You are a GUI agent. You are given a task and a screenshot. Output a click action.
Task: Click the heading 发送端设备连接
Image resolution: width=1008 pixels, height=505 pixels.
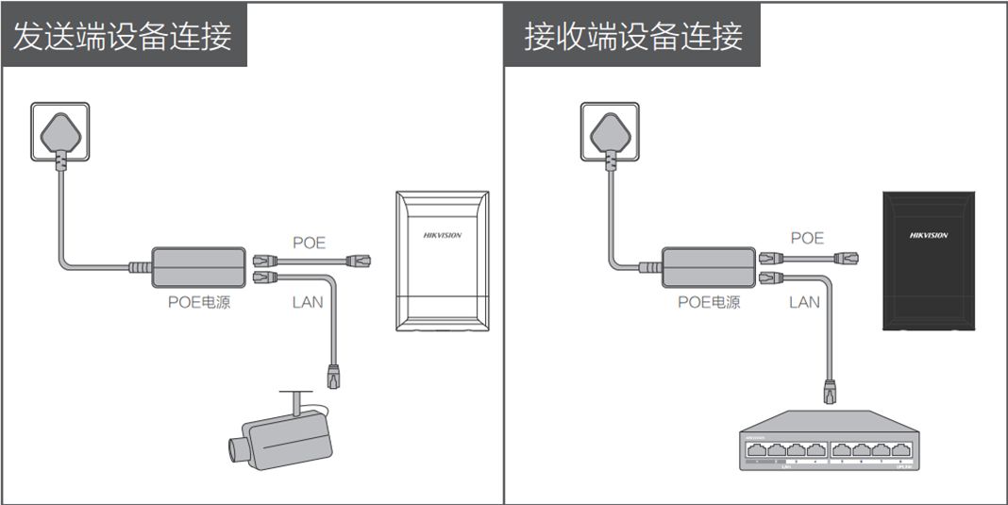pyautogui.click(x=123, y=36)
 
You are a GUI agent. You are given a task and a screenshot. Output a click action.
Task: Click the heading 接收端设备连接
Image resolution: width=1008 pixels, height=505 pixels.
pyautogui.click(x=633, y=36)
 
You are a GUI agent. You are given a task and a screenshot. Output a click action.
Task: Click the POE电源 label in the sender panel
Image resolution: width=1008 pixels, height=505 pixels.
pyautogui.click(x=199, y=303)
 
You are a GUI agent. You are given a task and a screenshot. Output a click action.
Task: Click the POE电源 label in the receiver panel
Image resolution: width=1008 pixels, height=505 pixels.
pyautogui.click(x=709, y=303)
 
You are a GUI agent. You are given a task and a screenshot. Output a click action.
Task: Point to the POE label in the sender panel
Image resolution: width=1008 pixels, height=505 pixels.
pyautogui.click(x=309, y=243)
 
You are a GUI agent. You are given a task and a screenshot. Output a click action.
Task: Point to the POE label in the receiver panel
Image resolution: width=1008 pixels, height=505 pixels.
pyautogui.click(x=807, y=238)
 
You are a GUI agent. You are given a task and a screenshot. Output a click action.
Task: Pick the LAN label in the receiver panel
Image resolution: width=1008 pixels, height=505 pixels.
pyautogui.click(x=804, y=302)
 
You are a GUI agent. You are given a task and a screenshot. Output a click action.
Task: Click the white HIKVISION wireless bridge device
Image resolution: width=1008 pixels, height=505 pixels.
pyautogui.click(x=443, y=261)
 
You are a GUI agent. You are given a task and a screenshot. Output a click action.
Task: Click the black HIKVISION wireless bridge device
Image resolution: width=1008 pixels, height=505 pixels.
pyautogui.click(x=929, y=261)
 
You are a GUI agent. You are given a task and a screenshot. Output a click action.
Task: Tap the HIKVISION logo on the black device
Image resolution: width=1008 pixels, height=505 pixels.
pyautogui.click(x=929, y=235)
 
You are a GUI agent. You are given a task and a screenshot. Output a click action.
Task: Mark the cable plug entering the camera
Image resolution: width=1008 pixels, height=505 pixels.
pyautogui.click(x=332, y=375)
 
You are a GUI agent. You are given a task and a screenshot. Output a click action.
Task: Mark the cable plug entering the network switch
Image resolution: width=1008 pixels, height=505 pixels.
pyautogui.click(x=831, y=390)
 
